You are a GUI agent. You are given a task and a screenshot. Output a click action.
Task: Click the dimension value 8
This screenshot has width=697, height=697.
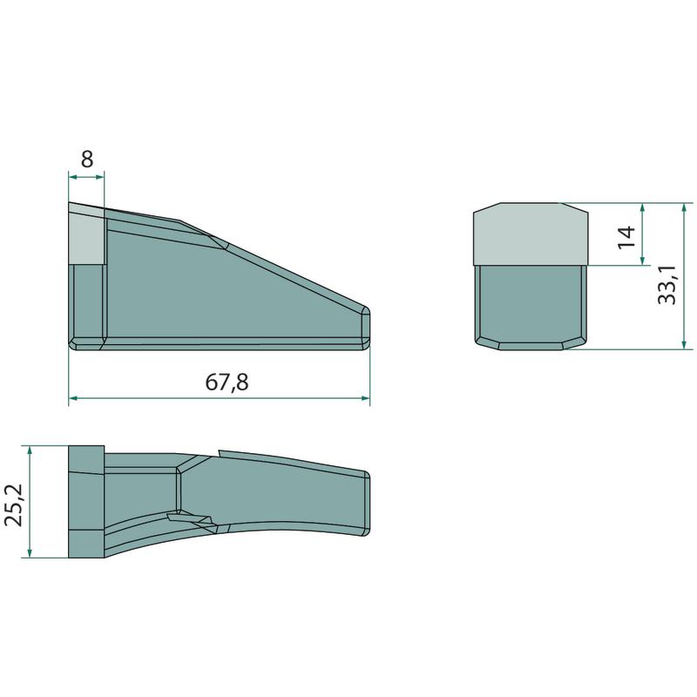pos(87,159)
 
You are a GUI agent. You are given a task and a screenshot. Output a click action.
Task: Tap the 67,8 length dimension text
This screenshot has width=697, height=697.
pos(227,382)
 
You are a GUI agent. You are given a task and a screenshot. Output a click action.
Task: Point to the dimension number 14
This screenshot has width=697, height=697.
pos(626,237)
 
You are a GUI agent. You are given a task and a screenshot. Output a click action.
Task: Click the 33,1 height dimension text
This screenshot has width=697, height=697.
pos(667,286)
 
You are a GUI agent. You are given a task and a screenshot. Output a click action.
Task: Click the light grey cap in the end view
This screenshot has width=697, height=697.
pos(531,234)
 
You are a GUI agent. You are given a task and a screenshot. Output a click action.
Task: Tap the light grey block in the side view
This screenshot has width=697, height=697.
pos(86,236)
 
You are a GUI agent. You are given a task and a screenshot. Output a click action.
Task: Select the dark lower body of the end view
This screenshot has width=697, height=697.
pos(531,308)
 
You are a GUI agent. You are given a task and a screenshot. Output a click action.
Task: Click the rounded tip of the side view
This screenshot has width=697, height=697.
pos(365,328)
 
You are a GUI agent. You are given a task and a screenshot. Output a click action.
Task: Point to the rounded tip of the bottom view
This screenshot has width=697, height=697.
pos(366,504)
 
